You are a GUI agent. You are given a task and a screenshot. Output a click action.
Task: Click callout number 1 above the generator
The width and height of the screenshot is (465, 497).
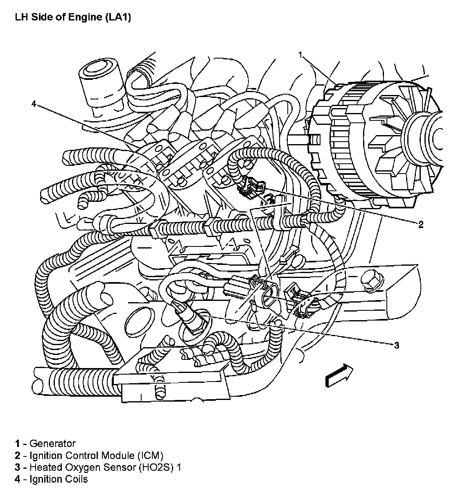301,54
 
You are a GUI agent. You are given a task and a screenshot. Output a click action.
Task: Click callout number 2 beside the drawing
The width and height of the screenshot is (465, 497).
420,224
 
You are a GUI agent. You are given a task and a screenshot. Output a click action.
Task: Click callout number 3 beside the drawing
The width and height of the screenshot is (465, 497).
396,345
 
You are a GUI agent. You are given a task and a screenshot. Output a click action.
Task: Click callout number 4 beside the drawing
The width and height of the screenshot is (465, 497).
34,104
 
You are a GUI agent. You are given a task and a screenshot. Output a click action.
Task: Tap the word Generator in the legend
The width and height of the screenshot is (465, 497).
53,443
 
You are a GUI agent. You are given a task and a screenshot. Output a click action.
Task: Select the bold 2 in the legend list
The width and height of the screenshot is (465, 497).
18,455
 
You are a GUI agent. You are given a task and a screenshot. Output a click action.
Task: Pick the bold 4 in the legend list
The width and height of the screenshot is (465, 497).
18,479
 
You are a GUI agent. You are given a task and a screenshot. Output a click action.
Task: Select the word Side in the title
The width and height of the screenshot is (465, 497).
40,18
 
